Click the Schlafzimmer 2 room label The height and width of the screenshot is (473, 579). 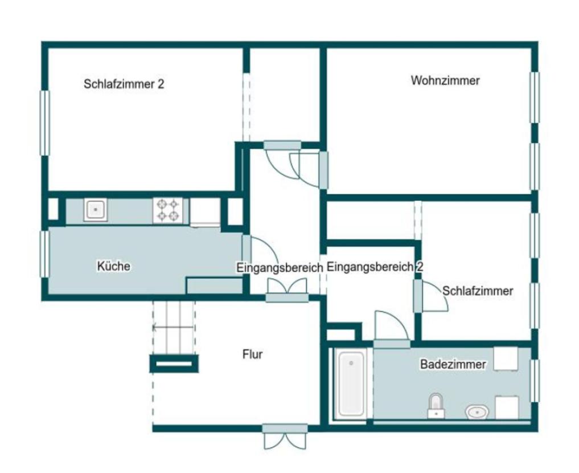click(124, 84)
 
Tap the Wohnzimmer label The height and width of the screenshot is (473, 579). click(445, 80)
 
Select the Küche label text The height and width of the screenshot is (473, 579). click(114, 266)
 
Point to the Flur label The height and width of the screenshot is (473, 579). click(252, 354)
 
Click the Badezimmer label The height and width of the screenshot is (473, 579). click(453, 364)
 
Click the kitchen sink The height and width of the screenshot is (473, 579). click(96, 210)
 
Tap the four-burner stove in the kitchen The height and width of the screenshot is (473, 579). click(167, 210)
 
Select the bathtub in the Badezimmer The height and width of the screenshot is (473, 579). click(352, 384)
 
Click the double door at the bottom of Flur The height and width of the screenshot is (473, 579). click(285, 436)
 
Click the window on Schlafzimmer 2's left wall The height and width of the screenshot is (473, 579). click(44, 123)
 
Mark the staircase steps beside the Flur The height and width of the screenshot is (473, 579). click(174, 327)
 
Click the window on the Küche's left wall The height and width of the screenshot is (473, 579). click(44, 254)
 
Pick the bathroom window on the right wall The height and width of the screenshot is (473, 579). click(534, 381)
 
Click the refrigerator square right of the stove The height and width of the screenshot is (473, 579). click(205, 211)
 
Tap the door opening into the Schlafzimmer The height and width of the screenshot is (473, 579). click(433, 296)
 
